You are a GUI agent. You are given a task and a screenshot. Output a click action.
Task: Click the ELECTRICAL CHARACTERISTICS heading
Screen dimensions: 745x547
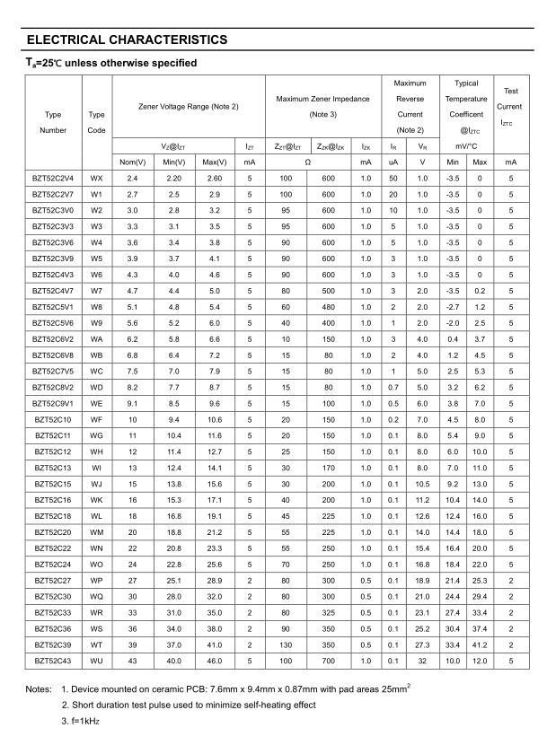pos(127,39)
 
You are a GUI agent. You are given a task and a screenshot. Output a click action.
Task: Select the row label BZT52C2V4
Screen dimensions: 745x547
pos(53,179)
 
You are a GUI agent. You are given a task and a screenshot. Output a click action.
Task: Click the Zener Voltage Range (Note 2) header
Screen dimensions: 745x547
pos(189,107)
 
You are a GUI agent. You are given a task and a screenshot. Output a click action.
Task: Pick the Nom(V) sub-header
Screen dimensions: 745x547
pos(133,162)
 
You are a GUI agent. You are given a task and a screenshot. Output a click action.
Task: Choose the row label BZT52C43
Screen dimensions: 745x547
pos(53,661)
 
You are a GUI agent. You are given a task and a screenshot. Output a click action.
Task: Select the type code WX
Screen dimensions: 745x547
pos(97,179)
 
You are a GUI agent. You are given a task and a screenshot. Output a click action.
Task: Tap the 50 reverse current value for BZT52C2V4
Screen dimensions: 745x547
pos(393,179)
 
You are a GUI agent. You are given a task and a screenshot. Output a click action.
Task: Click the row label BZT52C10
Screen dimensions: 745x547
pos(53,419)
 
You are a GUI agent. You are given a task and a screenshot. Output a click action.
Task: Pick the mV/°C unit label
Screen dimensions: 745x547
pos(466,145)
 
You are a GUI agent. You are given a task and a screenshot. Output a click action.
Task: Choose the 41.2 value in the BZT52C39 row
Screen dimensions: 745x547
pos(481,644)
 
